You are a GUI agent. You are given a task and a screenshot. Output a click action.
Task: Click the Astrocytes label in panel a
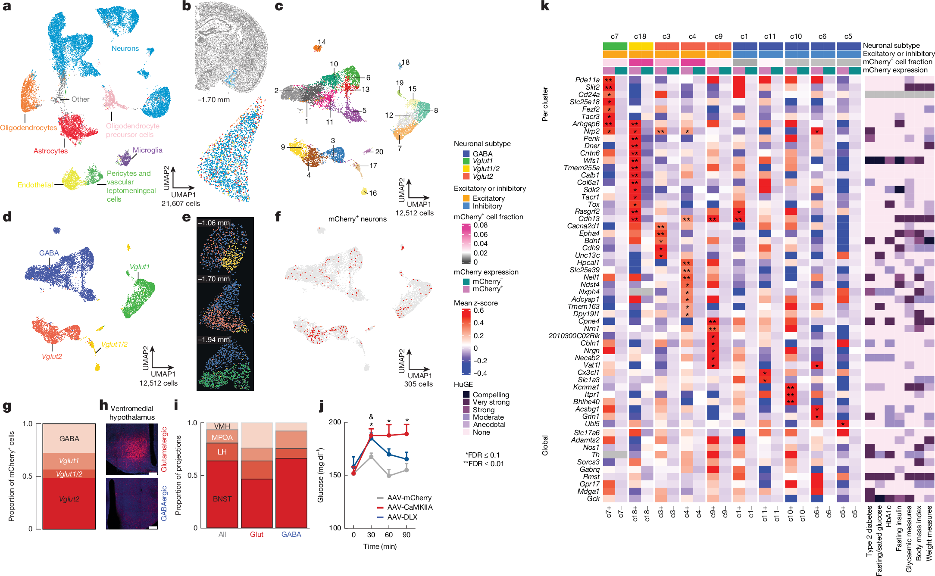coord(50,151)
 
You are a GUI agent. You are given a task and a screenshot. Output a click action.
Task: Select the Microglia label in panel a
coord(147,150)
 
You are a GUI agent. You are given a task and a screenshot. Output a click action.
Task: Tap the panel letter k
coord(545,6)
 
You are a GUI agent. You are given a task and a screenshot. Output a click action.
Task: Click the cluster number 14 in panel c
coord(322,42)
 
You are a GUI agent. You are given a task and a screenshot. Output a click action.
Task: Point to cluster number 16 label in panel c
coord(373,193)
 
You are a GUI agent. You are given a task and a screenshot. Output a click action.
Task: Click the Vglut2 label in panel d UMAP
coord(52,356)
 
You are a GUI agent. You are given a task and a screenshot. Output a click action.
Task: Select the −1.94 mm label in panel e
coord(214,339)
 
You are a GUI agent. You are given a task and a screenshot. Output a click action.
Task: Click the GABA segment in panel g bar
coord(69,439)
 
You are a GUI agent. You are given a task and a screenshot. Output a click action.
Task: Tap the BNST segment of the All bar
coord(222,499)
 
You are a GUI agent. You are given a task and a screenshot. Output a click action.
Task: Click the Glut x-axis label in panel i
coord(256,534)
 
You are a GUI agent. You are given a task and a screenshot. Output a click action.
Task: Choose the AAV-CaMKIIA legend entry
coord(410,507)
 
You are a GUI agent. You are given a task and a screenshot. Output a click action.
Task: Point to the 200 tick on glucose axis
coord(335,422)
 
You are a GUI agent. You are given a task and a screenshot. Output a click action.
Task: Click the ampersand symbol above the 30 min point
coord(371,417)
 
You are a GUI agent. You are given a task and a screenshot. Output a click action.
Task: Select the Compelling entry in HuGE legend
coord(491,395)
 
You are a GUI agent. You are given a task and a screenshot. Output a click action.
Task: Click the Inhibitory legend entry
coord(487,206)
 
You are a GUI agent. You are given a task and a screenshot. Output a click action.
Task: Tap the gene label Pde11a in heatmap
coord(587,80)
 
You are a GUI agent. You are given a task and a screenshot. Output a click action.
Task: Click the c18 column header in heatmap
coord(640,37)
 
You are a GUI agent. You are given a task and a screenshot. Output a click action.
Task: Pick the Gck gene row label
coord(593,498)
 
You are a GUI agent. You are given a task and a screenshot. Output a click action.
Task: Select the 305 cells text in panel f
coord(418,384)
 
